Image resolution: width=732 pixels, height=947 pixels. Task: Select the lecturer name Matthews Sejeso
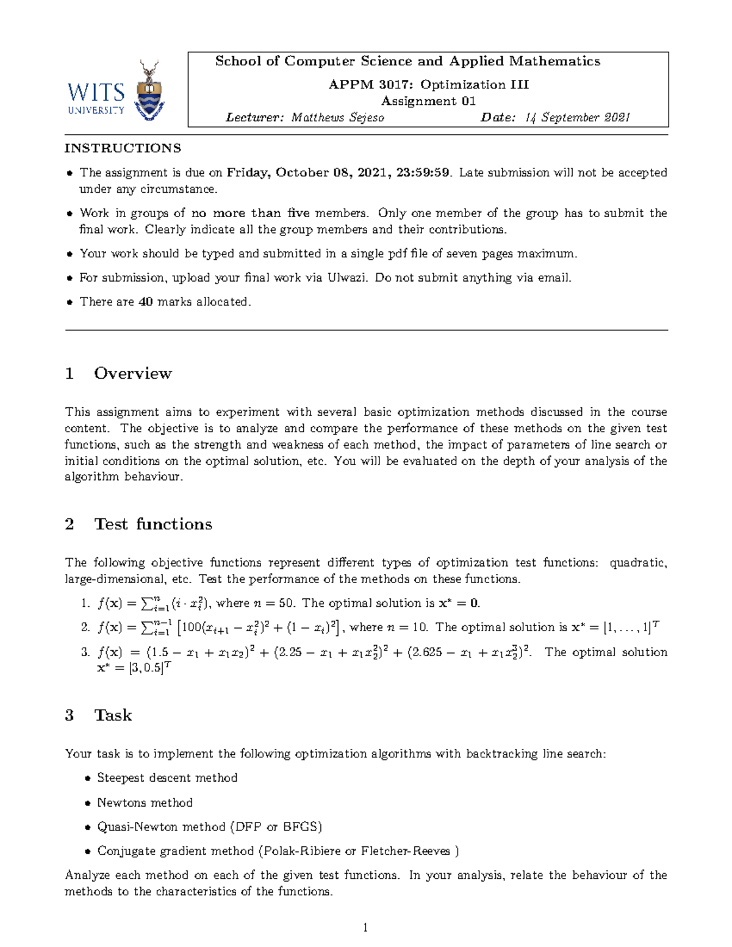[x=337, y=118]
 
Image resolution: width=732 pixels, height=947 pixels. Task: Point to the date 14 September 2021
[x=577, y=118]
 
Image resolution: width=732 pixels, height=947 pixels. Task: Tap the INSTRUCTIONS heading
[x=123, y=148]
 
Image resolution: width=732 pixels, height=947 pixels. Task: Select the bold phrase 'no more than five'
[x=250, y=213]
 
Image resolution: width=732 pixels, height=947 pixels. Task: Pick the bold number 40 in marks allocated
[x=145, y=302]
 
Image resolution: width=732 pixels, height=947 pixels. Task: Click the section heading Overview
[x=132, y=373]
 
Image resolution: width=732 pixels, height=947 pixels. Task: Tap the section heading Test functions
[x=152, y=524]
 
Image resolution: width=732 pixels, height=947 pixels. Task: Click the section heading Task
[x=113, y=715]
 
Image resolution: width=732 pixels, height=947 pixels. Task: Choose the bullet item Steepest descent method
[x=167, y=778]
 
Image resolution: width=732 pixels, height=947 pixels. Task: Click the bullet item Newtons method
[x=145, y=803]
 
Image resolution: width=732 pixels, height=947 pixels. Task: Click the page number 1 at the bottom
[x=365, y=927]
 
